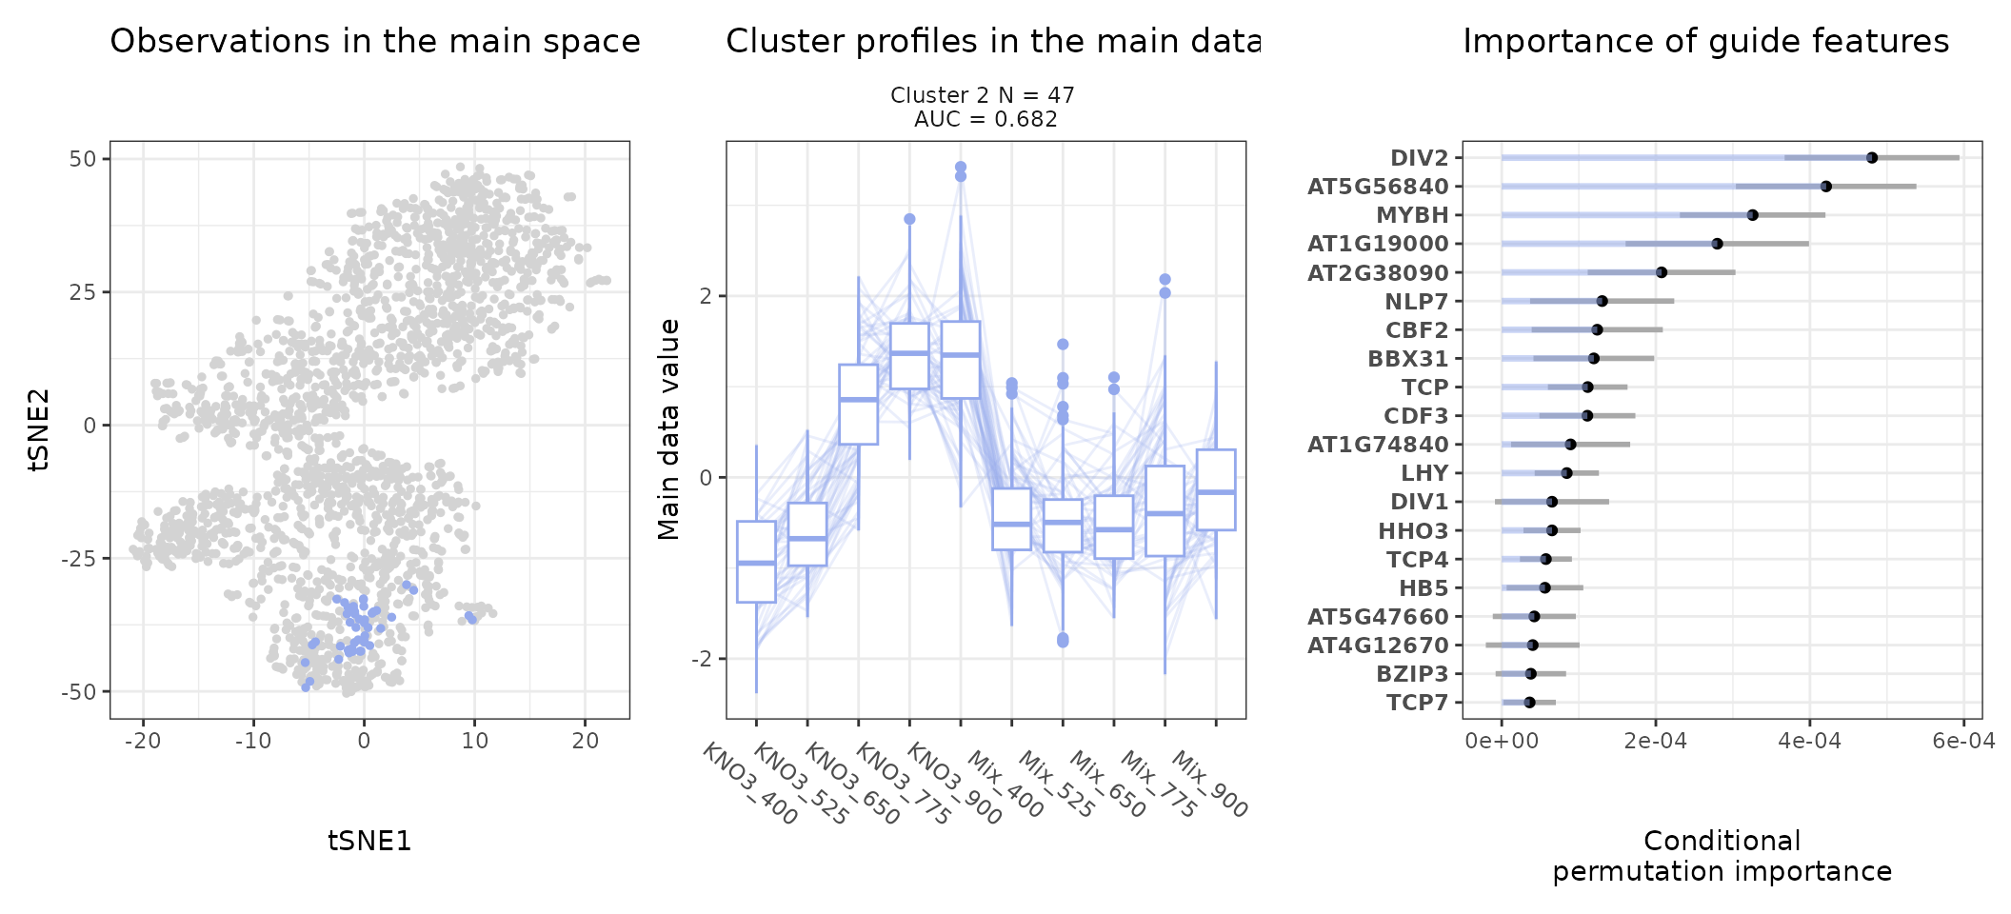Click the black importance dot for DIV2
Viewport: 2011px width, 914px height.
[x=1872, y=158]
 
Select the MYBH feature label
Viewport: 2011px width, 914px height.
[x=1412, y=215]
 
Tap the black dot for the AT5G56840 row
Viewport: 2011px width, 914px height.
[x=1826, y=187]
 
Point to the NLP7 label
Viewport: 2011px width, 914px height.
[x=1417, y=302]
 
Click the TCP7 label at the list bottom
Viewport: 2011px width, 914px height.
[x=1418, y=703]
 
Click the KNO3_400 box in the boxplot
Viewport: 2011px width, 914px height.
[x=756, y=562]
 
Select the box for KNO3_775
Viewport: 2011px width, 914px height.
[x=909, y=356]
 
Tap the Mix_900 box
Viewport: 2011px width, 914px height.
[x=1216, y=489]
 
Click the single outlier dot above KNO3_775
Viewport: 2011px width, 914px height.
[x=909, y=219]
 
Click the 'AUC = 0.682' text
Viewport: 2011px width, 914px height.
[x=986, y=119]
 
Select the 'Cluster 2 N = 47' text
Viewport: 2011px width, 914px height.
[x=983, y=95]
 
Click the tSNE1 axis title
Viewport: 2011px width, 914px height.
[x=369, y=841]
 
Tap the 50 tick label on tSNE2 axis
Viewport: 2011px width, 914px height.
[x=83, y=159]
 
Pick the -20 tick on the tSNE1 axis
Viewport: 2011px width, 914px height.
[x=143, y=741]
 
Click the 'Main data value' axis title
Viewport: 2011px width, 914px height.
[x=669, y=429]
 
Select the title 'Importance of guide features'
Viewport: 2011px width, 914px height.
[x=1705, y=42]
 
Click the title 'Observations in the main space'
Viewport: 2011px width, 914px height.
[x=375, y=42]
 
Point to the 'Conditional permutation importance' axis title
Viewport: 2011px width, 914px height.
[x=1722, y=856]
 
